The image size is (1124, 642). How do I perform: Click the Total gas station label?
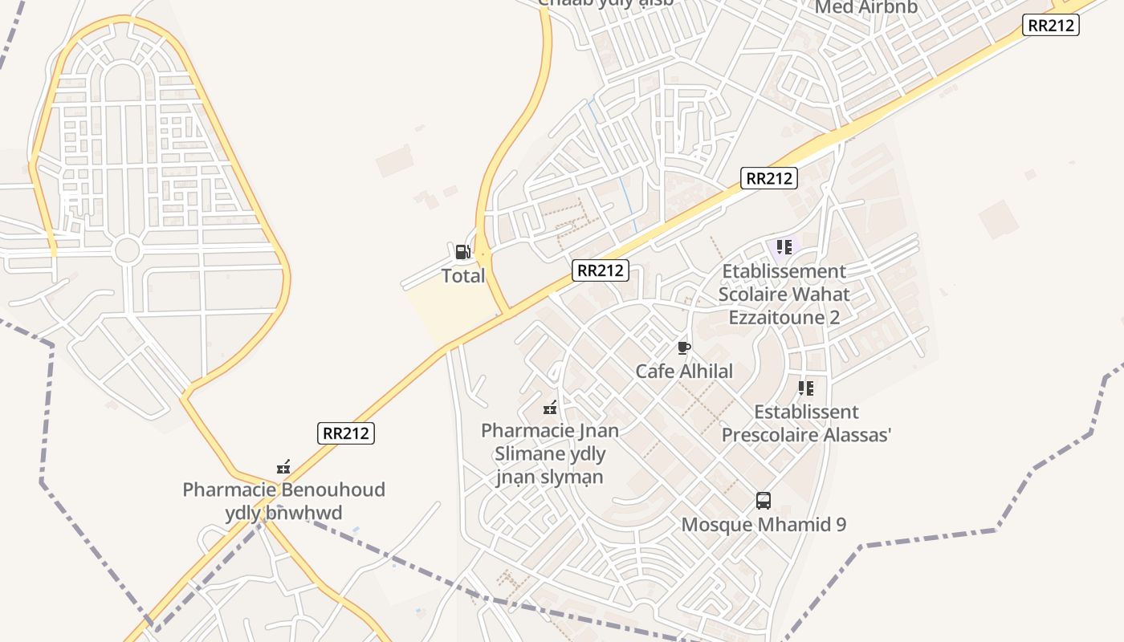coord(463,276)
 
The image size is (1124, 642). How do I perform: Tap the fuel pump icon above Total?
coord(462,252)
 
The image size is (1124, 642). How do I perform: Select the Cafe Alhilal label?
coord(684,372)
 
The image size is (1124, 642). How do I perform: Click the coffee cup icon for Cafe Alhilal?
coord(683,347)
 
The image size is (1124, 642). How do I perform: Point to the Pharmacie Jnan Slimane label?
coord(550,453)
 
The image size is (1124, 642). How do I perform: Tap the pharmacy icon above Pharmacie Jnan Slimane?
coord(550,408)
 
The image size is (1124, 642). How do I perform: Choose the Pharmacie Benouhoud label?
coord(283,501)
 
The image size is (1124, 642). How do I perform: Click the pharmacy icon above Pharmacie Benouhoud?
coord(283,466)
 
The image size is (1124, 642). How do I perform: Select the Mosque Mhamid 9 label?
coord(764,525)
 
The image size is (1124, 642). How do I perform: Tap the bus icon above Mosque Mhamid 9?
coord(764,501)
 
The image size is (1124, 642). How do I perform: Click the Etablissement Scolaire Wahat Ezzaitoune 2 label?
coord(784,295)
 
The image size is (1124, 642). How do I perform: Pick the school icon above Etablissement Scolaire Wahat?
coord(784,247)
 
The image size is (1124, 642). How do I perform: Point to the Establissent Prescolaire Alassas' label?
coord(806,424)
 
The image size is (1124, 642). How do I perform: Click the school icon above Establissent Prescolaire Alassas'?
coord(806,388)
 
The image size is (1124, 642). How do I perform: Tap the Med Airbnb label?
coord(865,7)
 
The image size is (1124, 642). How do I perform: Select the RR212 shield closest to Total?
coord(601,270)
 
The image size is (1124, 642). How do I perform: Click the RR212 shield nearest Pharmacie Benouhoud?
coord(347,433)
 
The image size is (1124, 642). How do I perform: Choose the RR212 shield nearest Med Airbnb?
coord(1051,25)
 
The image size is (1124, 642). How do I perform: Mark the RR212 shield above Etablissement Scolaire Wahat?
coord(769,178)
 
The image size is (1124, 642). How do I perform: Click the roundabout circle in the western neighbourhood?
coord(127,250)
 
